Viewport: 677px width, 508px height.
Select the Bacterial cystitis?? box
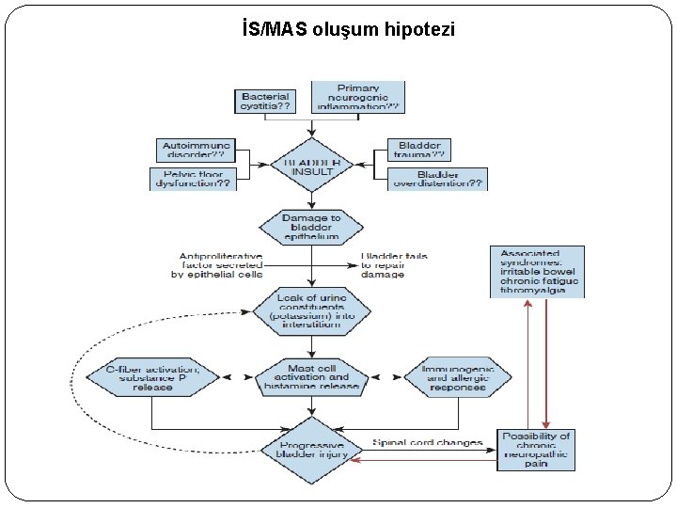(x=266, y=102)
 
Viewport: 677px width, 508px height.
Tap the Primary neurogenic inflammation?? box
(x=357, y=97)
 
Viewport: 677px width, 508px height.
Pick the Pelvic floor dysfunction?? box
(x=191, y=179)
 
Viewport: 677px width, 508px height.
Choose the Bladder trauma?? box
(x=418, y=150)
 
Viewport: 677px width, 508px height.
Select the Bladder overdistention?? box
(x=437, y=179)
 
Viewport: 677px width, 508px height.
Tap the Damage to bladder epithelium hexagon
(x=311, y=226)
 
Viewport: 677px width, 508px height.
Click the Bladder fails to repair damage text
(x=395, y=264)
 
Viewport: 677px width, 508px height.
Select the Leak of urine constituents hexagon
(x=311, y=311)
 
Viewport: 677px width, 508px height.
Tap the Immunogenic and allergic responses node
(x=459, y=377)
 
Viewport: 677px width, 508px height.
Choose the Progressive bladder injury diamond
(x=311, y=450)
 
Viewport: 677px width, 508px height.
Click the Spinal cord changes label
(x=427, y=442)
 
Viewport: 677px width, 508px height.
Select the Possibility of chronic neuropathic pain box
(x=536, y=450)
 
